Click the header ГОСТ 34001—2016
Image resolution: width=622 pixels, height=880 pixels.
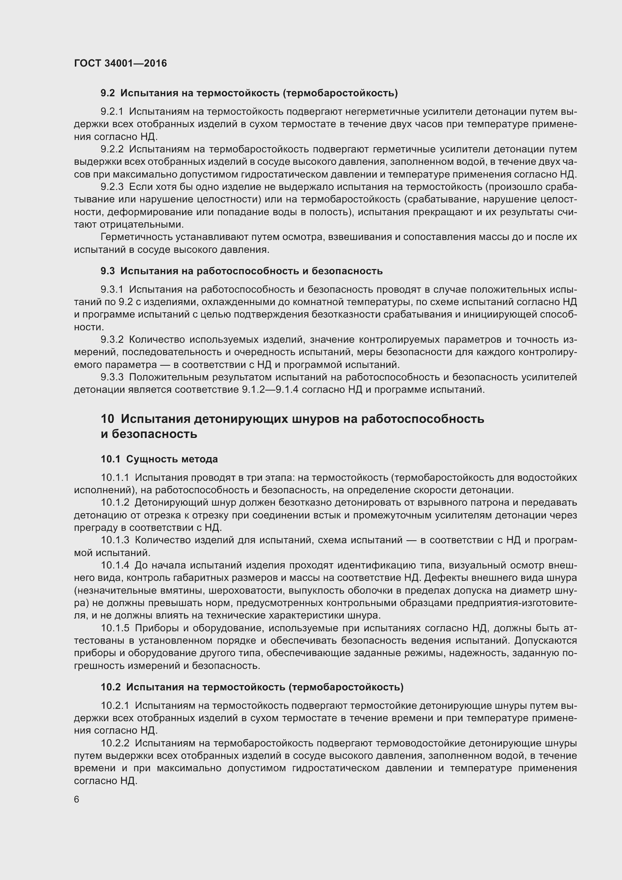120,63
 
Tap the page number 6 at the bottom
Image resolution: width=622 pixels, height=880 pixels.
77,799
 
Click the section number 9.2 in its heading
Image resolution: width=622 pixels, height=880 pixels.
108,93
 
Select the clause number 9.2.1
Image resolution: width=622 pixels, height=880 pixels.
112,111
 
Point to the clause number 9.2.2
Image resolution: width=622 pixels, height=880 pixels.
112,149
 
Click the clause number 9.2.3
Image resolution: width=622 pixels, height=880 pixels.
112,187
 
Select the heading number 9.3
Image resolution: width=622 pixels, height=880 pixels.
108,271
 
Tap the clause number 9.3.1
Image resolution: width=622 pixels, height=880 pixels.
112,289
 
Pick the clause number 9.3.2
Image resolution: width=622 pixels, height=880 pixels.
112,340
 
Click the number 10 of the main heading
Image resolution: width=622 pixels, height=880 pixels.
108,419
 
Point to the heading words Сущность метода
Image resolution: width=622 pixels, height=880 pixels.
172,459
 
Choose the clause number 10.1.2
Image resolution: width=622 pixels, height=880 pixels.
115,503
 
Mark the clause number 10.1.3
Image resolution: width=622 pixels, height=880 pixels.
115,540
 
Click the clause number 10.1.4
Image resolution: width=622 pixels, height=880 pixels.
115,565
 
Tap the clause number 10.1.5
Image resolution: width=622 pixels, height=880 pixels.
115,628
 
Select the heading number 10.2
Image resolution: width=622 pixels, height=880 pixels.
110,687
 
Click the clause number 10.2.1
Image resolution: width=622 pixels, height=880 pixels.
115,705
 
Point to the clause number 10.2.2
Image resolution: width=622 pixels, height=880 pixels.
115,743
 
